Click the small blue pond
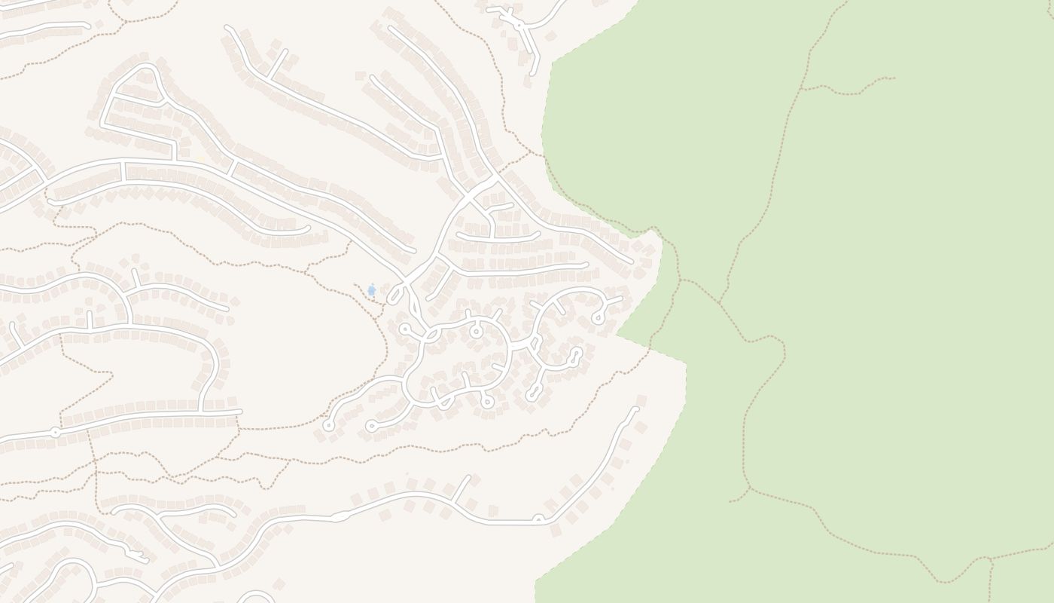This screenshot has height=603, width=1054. [371, 290]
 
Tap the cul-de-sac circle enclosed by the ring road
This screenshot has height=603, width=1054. [476, 331]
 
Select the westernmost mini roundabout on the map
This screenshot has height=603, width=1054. [55, 433]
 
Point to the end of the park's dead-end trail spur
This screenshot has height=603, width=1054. [894, 78]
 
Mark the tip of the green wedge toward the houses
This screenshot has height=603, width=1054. [617, 333]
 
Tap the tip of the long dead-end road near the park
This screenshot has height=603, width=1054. [636, 409]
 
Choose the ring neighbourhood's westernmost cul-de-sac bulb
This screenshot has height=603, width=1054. [328, 426]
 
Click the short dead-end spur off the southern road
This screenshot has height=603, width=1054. [468, 478]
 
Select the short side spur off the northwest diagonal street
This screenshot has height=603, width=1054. [285, 51]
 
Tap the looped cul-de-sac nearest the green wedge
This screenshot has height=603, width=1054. [599, 317]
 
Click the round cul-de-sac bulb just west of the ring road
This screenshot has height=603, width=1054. [405, 329]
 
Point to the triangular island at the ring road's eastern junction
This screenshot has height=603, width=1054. [535, 344]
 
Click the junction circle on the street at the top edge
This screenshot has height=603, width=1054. [519, 26]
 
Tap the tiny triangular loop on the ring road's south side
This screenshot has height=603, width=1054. [444, 401]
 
